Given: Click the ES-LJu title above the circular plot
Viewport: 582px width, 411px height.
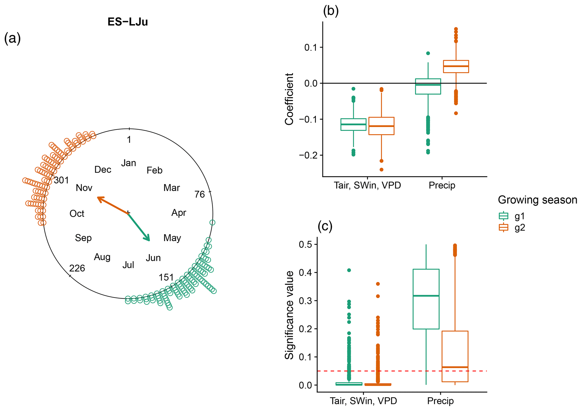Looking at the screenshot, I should (128, 22).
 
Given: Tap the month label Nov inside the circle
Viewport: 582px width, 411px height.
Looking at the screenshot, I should (84, 188).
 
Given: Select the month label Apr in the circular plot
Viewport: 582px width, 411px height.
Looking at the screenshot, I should (179, 213).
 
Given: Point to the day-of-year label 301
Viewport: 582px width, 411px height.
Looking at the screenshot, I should (61, 180).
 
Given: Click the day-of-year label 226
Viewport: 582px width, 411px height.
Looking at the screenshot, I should (77, 268).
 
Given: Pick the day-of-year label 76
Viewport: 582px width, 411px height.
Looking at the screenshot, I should (200, 194).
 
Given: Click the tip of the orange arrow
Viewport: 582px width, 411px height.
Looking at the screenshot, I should (97, 197).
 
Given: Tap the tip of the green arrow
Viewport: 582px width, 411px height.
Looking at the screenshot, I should (149, 241).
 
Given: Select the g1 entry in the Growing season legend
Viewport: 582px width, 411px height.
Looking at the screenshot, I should (512, 216).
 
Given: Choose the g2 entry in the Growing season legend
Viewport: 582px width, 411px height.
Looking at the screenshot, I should (512, 227).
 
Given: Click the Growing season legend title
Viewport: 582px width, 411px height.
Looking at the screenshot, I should (537, 200).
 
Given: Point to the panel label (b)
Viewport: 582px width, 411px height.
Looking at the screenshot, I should (331, 11).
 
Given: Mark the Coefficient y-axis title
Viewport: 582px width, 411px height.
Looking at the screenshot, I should (289, 99).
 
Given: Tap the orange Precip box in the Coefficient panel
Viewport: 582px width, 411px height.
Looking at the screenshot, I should (456, 67).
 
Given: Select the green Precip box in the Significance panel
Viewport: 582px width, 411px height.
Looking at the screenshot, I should (426, 299).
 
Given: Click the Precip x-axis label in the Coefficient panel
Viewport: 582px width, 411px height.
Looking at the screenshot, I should (442, 186).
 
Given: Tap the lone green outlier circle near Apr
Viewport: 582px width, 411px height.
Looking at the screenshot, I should (213, 222).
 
